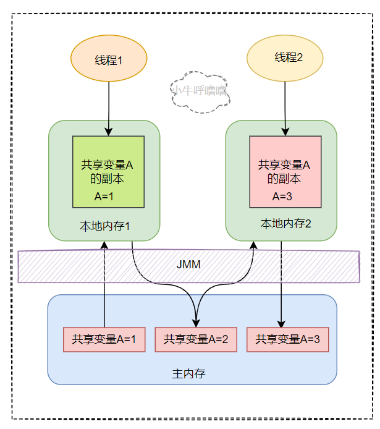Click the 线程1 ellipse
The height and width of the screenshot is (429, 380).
tap(109, 60)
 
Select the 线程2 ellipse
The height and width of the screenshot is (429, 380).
tap(285, 58)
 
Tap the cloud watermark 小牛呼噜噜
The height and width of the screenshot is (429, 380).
tap(199, 91)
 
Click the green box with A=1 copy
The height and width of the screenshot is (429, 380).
tap(109, 172)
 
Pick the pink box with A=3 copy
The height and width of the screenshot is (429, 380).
tap(285, 172)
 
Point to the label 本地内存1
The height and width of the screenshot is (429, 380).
tap(105, 225)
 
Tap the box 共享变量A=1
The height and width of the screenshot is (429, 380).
tap(104, 339)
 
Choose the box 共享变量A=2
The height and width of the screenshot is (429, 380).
tap(196, 339)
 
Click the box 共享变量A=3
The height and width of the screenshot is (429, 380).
tap(287, 339)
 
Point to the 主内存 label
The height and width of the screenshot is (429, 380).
tap(189, 374)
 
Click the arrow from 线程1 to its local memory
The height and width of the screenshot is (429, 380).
tap(109, 108)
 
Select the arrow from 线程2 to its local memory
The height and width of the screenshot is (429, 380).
tap(285, 108)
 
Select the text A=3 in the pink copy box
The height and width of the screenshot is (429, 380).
tap(283, 197)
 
